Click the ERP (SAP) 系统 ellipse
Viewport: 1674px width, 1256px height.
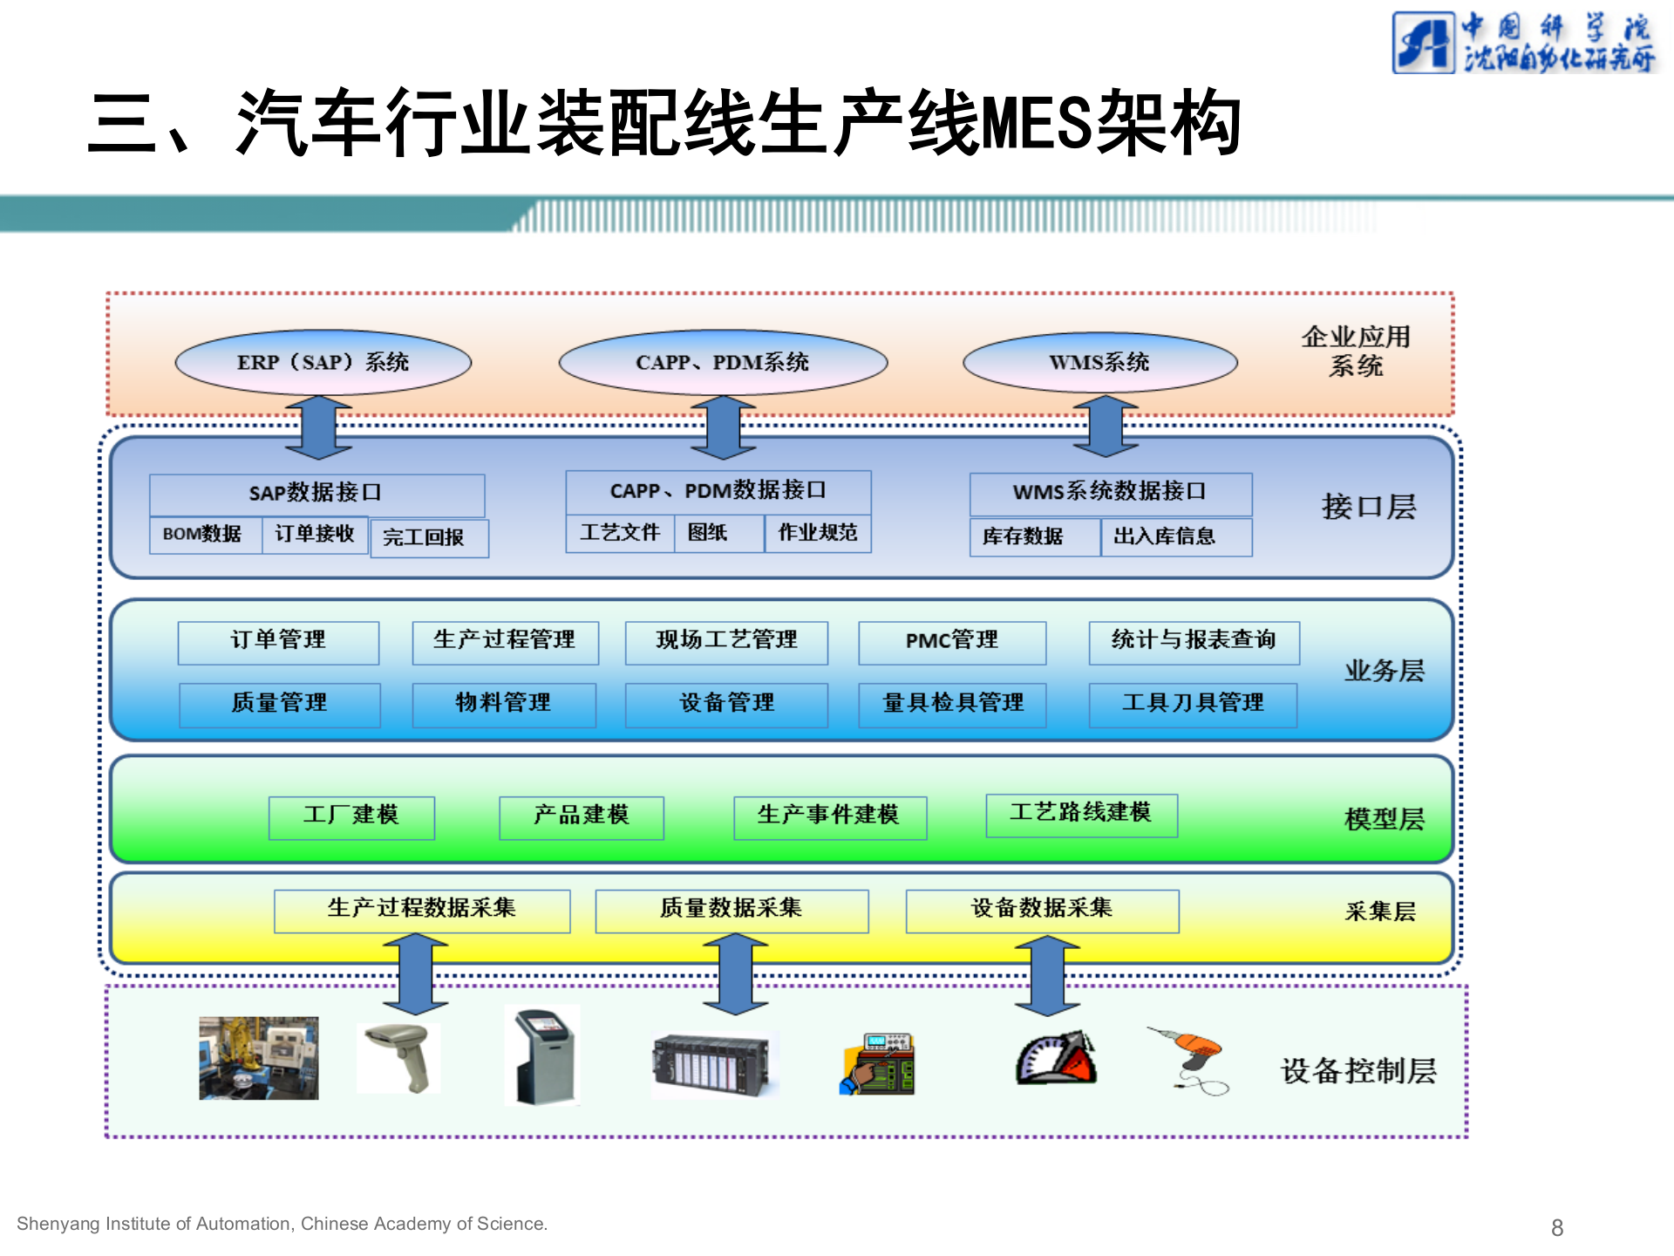coord(323,362)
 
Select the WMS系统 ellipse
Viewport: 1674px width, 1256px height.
coord(1099,362)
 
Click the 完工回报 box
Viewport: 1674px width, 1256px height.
coord(428,537)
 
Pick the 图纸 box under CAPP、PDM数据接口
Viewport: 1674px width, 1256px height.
coord(718,533)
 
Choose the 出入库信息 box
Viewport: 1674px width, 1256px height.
coord(1175,536)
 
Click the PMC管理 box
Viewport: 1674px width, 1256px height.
coord(952,642)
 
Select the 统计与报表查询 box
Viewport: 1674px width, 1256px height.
coord(1194,642)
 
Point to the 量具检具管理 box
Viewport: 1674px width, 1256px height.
coord(952,704)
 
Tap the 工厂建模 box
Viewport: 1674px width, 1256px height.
coord(351,816)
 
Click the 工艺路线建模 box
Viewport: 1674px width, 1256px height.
coord(1081,815)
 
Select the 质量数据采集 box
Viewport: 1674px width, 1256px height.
coord(732,910)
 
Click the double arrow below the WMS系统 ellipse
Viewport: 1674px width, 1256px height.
coord(1106,427)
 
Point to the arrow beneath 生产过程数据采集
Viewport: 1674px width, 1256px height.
coord(416,974)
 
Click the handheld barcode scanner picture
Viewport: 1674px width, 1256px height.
coord(399,1057)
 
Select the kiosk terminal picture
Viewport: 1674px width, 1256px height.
coord(543,1055)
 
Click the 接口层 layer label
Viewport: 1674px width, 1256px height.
coord(1369,507)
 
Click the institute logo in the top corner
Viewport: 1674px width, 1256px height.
coord(1523,42)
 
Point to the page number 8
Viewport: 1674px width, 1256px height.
coord(1557,1227)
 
